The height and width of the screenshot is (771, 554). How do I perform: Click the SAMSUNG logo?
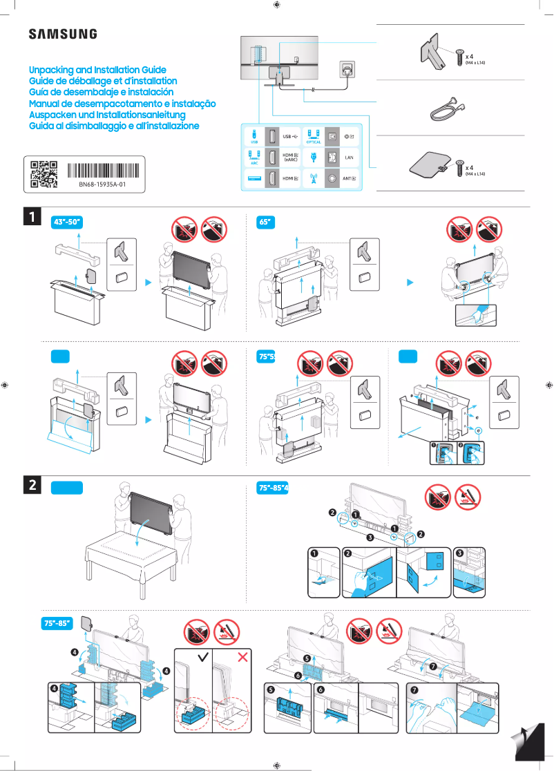click(x=62, y=34)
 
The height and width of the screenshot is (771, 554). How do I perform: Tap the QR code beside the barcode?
click(x=44, y=174)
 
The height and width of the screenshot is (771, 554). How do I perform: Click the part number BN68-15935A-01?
click(x=102, y=186)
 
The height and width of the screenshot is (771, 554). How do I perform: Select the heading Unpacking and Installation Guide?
click(x=97, y=70)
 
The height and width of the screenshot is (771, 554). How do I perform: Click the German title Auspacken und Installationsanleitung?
click(x=107, y=115)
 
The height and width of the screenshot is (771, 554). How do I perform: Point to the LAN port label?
click(x=349, y=158)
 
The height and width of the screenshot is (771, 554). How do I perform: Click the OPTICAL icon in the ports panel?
click(x=314, y=137)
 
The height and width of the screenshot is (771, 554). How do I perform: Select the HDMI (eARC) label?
click(x=290, y=158)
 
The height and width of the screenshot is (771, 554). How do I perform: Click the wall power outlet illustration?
click(x=346, y=69)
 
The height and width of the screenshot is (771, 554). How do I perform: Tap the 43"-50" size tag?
click(x=68, y=222)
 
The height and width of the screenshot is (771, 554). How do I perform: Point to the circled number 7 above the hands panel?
click(x=433, y=667)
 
